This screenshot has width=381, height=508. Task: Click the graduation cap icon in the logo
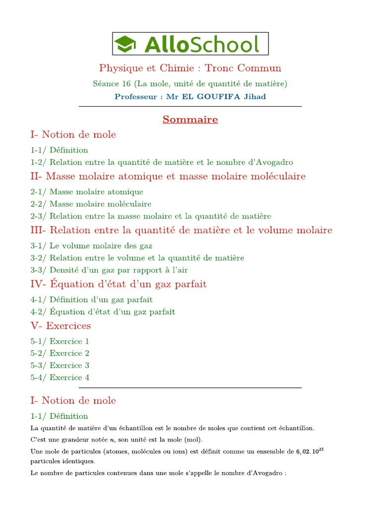point(126,44)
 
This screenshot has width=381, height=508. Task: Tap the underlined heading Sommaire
point(190,120)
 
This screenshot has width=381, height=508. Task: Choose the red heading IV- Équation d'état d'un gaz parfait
point(119,284)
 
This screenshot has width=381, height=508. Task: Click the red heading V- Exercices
point(61,326)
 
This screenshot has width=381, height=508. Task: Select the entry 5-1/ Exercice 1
point(60,341)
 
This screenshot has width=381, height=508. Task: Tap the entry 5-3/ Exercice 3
point(60,365)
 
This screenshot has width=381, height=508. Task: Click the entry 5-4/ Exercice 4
point(60,378)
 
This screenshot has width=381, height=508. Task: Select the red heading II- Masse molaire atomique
point(168,177)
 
